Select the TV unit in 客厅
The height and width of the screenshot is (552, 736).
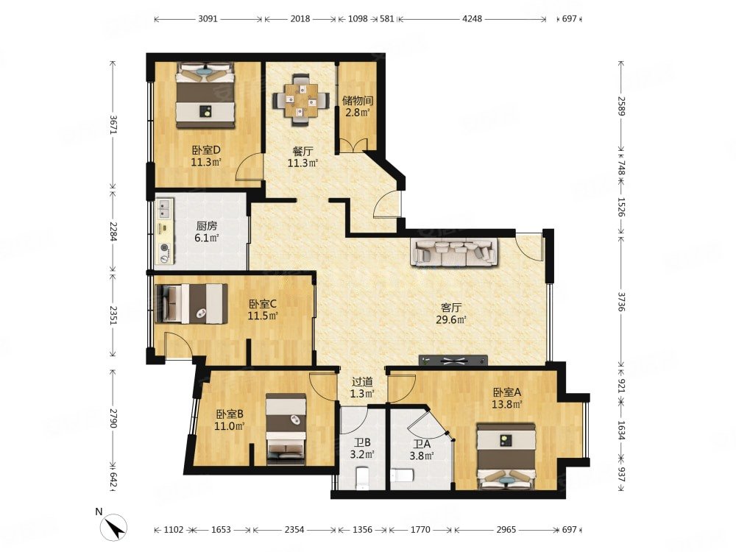(453, 361)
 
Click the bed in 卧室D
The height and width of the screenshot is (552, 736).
(205, 96)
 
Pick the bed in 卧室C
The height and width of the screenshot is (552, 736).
(191, 304)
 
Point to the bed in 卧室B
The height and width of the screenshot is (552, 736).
(286, 428)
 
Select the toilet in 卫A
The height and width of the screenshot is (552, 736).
(402, 475)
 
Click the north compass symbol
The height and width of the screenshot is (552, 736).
(114, 527)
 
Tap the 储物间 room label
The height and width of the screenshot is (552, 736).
(357, 100)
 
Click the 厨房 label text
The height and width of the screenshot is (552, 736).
(207, 226)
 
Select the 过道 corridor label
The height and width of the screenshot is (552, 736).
(362, 382)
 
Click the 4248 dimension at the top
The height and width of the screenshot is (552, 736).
(473, 19)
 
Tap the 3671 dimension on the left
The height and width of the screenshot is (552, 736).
(113, 125)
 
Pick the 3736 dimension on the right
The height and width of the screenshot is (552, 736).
(621, 301)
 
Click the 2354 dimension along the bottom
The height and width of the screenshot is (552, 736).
(294, 530)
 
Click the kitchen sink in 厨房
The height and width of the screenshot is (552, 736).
(164, 209)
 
